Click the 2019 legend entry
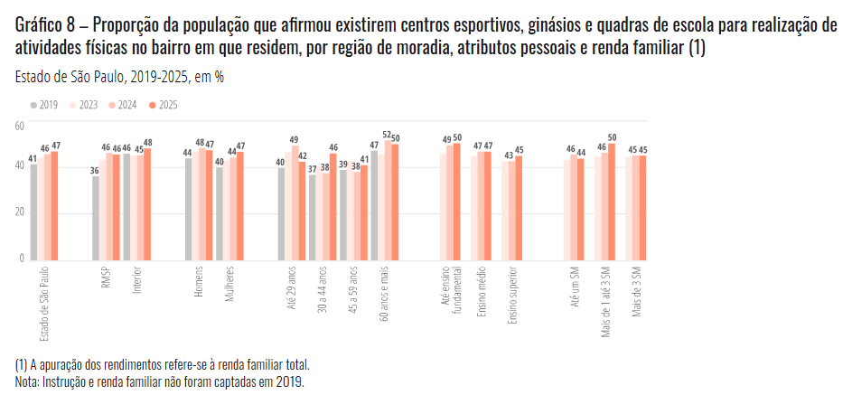[x=45, y=106]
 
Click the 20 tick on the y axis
[x=19, y=212]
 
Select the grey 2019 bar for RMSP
[x=95, y=218]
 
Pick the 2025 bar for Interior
[x=148, y=204]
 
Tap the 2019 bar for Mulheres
[x=220, y=213]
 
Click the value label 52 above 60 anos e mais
[x=388, y=135]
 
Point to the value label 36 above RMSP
[x=95, y=170]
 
